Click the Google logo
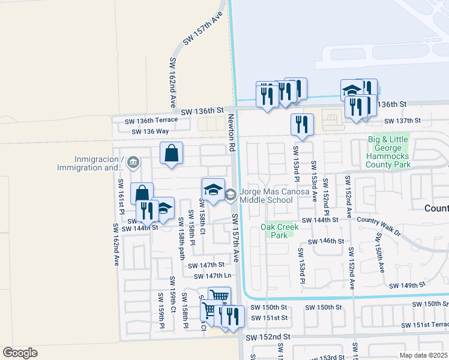tap(20, 353)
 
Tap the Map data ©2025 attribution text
tap(423, 355)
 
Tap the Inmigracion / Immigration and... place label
tap(97, 163)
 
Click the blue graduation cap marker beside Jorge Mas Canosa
tap(213, 190)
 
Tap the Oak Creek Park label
tap(279, 231)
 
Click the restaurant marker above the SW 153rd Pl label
tap(302, 125)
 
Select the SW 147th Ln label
tap(211, 276)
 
